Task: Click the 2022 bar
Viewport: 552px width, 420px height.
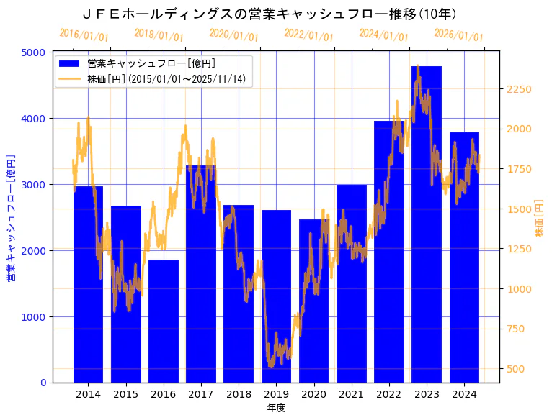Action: coord(389,252)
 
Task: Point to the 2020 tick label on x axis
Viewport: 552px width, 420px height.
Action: coord(313,394)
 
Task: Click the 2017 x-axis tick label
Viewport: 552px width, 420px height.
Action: coord(201,394)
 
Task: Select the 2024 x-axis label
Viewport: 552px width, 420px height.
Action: coord(464,394)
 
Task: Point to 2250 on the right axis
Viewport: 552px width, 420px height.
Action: coord(520,90)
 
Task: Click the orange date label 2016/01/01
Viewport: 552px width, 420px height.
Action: coord(84,35)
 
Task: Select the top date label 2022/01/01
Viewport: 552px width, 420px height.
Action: coord(308,35)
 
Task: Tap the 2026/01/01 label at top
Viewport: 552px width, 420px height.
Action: coord(458,35)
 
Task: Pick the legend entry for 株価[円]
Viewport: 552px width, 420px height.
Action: coord(169,79)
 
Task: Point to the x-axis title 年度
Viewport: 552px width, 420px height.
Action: coord(276,408)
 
